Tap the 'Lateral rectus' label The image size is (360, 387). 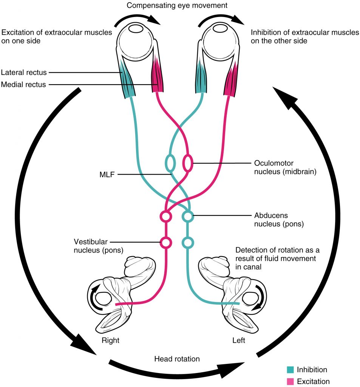click(23, 72)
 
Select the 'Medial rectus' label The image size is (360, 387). click(23, 85)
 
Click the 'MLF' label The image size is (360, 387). click(103, 175)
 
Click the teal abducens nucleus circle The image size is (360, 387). click(188, 217)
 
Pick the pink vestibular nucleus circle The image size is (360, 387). click(165, 242)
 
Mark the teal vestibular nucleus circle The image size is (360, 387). click(188, 242)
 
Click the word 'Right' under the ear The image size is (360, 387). click(110, 341)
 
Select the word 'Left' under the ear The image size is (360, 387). click(239, 341)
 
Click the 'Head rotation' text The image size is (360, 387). click(177, 359)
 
